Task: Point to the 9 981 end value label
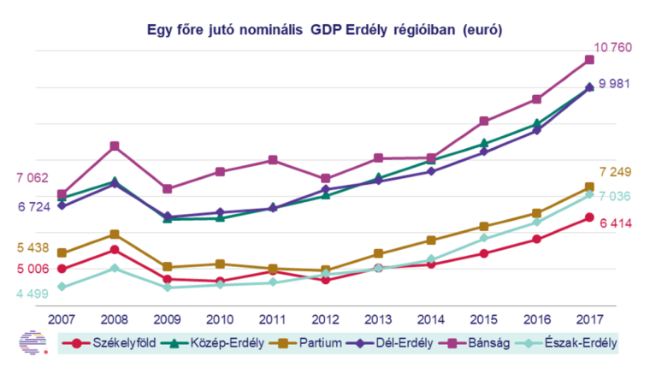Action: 614,84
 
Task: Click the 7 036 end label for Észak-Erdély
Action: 614,197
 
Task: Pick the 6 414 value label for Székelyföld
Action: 614,223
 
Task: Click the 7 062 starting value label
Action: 32,178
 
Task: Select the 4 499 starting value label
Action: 32,294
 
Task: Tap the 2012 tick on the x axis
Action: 325,319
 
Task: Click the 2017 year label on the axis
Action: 589,319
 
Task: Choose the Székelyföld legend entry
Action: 109,343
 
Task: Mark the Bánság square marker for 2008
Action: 114,146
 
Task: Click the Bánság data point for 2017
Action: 589,60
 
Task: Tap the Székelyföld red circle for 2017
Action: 589,217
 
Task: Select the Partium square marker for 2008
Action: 114,234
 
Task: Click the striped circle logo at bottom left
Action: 32,342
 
